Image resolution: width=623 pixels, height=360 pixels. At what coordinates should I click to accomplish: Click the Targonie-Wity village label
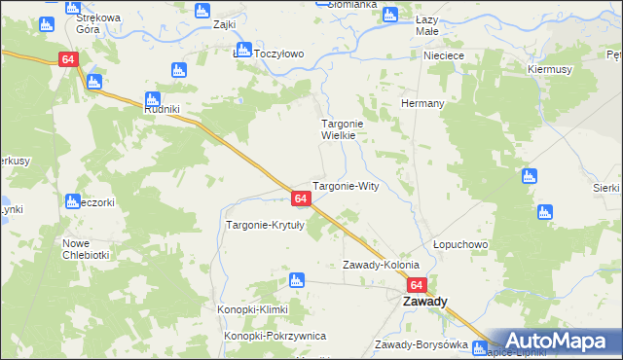(x=350, y=185)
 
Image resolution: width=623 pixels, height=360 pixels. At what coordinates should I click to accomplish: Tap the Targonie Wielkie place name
(x=345, y=130)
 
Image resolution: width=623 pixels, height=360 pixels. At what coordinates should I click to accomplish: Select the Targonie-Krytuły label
(x=266, y=225)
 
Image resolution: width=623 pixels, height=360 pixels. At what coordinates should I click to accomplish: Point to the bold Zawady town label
(x=425, y=302)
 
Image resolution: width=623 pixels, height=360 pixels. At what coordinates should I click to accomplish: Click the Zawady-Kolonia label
(x=381, y=265)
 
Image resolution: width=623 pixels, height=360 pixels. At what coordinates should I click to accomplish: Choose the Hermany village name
(x=422, y=103)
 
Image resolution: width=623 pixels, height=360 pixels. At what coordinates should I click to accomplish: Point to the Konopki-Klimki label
(x=254, y=309)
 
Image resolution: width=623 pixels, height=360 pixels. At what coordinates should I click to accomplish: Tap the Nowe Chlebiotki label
(x=85, y=249)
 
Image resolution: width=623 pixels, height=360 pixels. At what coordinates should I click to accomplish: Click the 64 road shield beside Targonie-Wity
(x=301, y=198)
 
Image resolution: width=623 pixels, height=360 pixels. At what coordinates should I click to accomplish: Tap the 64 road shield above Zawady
(x=417, y=285)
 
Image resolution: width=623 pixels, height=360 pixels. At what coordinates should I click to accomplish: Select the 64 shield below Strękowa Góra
(x=67, y=59)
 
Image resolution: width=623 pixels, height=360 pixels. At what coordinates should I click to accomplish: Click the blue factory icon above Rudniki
(x=152, y=97)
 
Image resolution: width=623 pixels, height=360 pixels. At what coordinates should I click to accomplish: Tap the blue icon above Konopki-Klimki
(x=297, y=281)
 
